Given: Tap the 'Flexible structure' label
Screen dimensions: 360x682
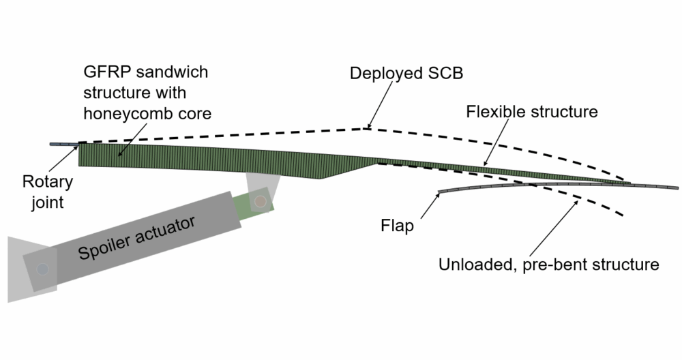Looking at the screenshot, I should [x=532, y=111].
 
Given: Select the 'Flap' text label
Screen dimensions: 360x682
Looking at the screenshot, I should [x=398, y=226].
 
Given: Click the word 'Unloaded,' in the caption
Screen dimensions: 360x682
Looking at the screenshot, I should [x=471, y=264].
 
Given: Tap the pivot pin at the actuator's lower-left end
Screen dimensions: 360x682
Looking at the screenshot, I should [x=42, y=269].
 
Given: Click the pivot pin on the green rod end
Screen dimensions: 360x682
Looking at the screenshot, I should [x=260, y=202].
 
